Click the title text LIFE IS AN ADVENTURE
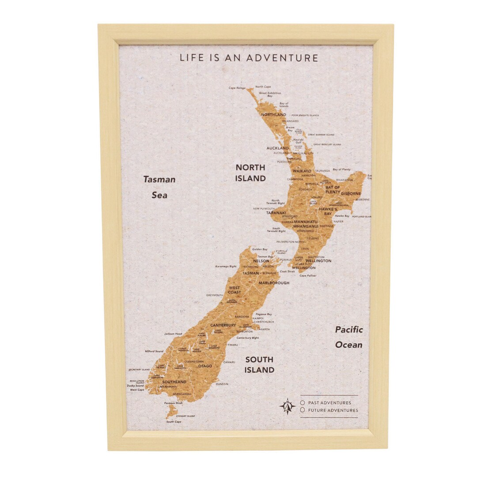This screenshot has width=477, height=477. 249,58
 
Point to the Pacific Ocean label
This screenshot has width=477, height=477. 348,337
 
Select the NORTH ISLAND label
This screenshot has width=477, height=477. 250,173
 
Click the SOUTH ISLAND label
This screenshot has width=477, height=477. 259,364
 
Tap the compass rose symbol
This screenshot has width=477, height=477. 287,406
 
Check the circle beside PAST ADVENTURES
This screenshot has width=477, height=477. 303,402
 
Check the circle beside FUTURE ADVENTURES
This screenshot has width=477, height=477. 303,410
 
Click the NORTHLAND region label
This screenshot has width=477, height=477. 273,114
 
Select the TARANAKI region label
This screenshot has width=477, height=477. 276,213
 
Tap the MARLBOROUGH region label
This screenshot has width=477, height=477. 274,283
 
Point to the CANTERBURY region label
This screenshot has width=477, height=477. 223,325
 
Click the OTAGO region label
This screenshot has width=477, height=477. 205,366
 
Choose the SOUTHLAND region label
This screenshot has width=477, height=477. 174,382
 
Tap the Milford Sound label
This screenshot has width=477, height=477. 154,351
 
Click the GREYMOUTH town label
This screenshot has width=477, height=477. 215,295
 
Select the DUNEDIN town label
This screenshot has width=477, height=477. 222,384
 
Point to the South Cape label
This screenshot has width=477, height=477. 174,422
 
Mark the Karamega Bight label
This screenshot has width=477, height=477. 226,267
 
